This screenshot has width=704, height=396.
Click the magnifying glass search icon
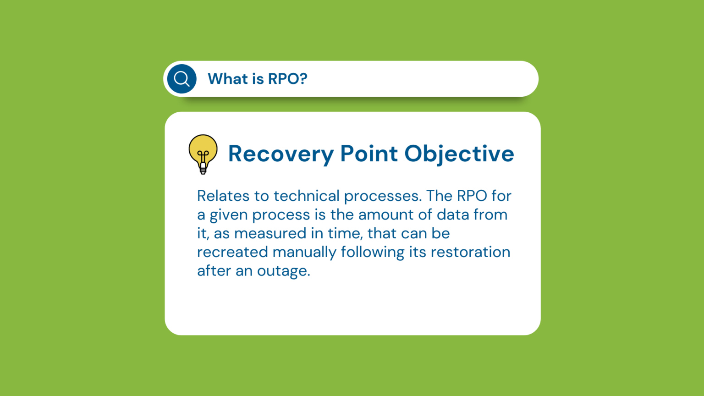182,79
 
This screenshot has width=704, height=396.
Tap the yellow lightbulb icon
203,154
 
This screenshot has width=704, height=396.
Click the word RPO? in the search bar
287,79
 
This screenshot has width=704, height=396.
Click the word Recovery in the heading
281,154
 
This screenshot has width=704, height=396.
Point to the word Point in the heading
369,154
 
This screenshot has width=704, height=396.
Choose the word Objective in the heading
459,154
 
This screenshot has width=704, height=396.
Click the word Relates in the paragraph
223,196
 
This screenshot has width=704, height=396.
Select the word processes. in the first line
383,197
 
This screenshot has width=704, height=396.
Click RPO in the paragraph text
472,196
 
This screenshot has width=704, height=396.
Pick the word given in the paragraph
229,215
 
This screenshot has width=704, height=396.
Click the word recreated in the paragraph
232,252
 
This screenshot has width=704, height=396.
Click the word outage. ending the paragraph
284,271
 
